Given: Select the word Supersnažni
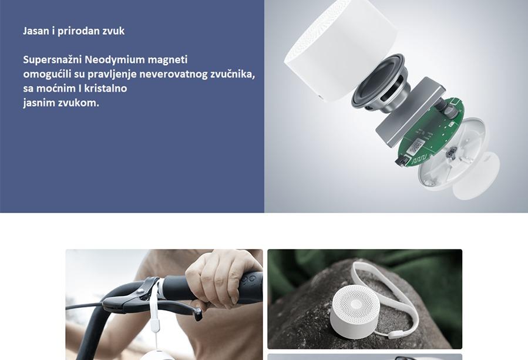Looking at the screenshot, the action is (x=52, y=59).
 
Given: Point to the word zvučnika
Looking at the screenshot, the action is (x=233, y=74).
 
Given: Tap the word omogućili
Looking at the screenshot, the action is (x=47, y=74).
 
